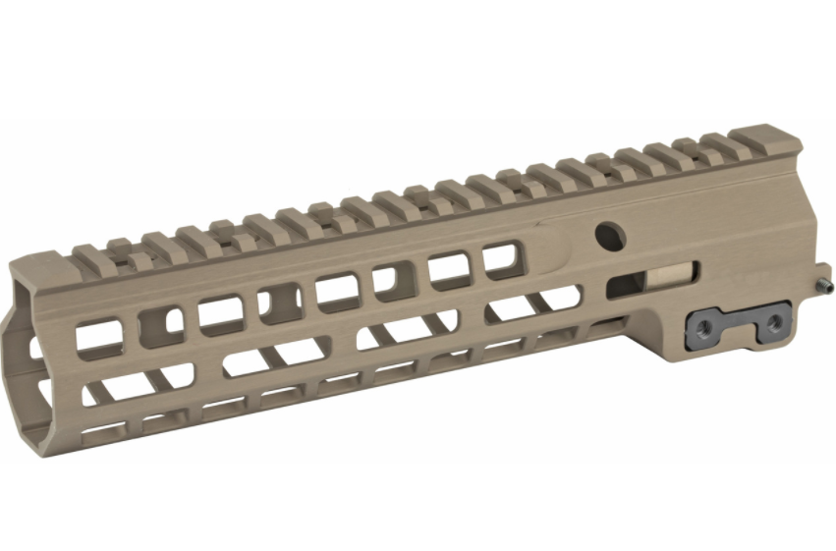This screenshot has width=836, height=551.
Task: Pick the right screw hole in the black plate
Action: [774, 322]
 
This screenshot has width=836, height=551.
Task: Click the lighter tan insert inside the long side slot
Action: [668, 279]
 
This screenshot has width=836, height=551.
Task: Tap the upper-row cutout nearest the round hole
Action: [500, 260]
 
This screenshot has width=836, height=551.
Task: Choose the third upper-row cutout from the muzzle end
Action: [221, 313]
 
